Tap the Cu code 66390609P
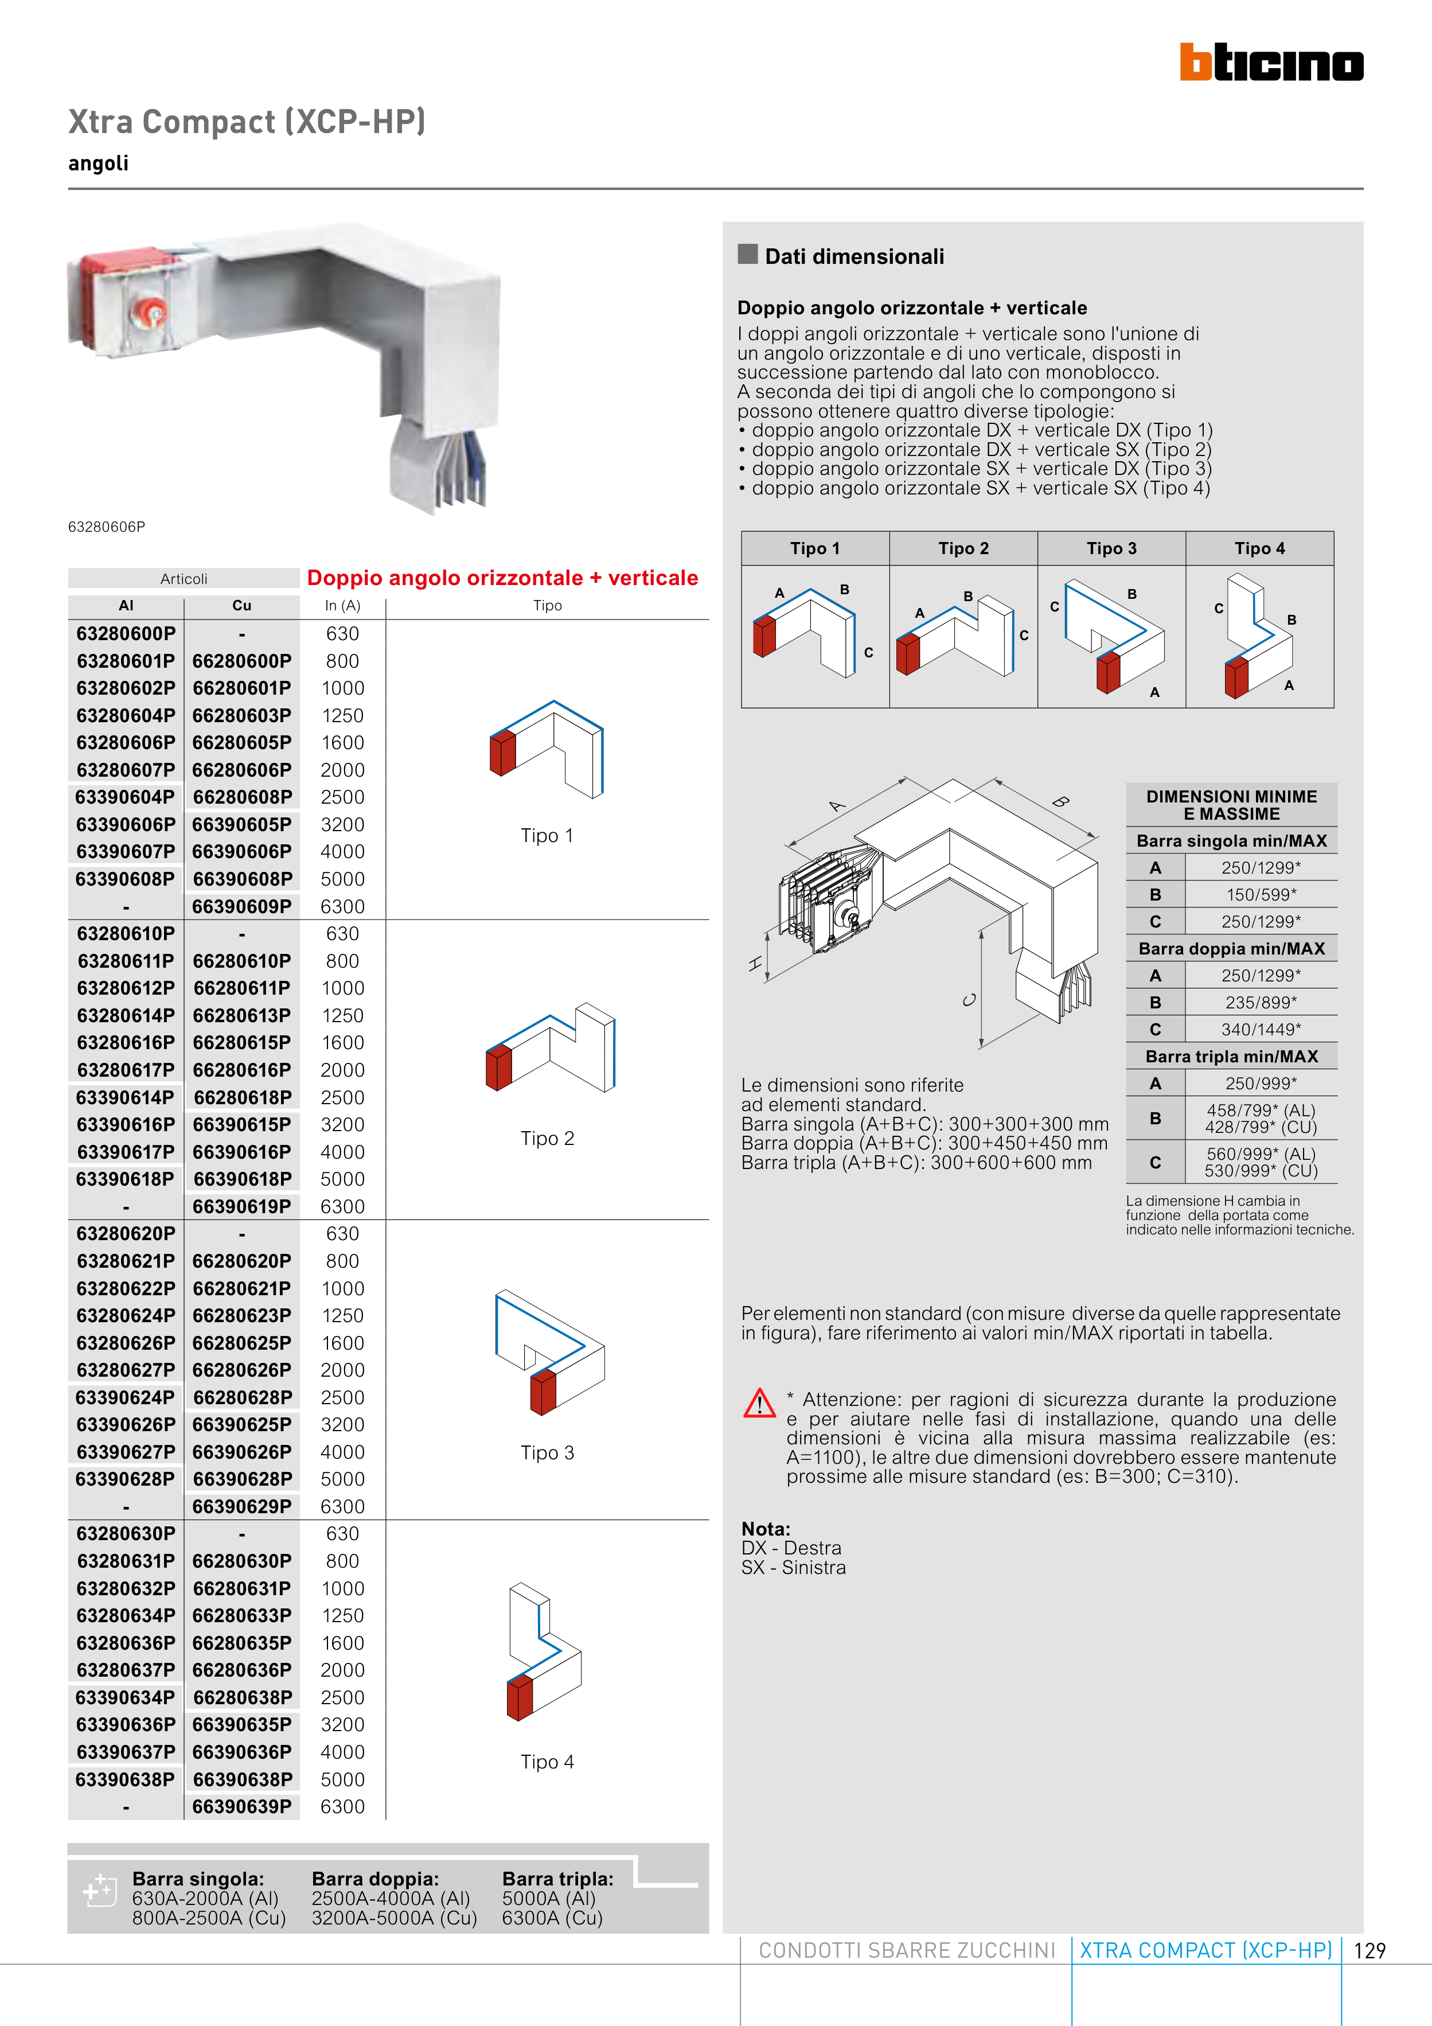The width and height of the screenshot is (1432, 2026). [x=242, y=906]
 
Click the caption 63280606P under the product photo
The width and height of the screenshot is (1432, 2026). [x=107, y=527]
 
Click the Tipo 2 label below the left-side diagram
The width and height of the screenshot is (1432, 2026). [x=547, y=1138]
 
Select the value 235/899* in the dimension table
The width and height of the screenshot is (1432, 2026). [x=1261, y=1003]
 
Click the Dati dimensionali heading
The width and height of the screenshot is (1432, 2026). [x=853, y=257]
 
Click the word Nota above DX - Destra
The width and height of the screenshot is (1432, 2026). [x=765, y=1529]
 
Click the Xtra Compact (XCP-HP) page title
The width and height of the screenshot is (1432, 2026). [x=247, y=122]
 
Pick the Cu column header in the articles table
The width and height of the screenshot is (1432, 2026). [x=242, y=605]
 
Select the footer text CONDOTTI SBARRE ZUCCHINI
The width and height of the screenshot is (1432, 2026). [x=906, y=1950]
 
